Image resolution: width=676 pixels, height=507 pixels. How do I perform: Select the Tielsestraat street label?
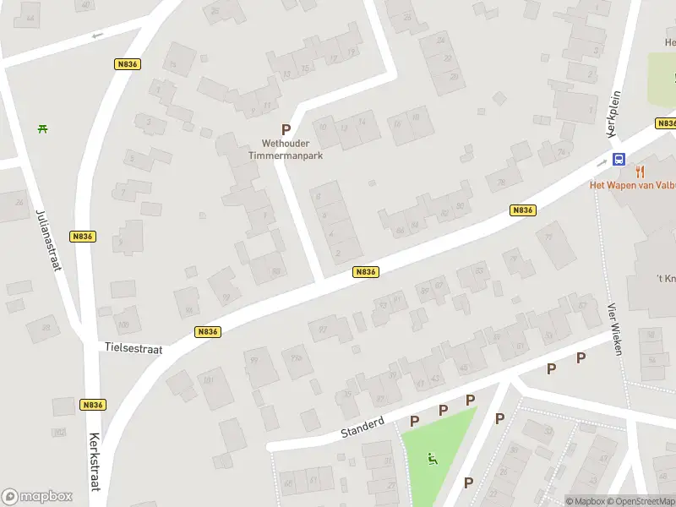coord(134,347)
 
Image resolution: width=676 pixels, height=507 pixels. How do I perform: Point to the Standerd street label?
coord(363,425)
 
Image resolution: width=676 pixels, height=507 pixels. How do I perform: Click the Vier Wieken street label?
coord(614,329)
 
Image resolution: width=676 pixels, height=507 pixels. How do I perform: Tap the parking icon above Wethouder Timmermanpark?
coord(286,130)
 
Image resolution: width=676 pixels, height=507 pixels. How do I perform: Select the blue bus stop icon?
coord(619,159)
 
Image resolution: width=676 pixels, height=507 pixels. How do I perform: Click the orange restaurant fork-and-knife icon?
coord(641,172)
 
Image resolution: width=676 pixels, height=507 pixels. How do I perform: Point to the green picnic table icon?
coord(42,128)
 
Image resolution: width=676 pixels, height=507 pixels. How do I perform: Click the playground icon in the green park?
coord(433,460)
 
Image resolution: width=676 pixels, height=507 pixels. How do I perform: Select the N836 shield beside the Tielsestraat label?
coord(207,332)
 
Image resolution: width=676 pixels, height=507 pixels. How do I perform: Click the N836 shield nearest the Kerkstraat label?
coord(93,405)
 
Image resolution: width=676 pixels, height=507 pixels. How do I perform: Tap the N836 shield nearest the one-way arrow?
coord(126,64)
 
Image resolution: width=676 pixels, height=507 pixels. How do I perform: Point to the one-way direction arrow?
coord(96,35)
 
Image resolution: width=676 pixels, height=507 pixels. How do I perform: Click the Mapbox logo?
coord(36,496)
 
